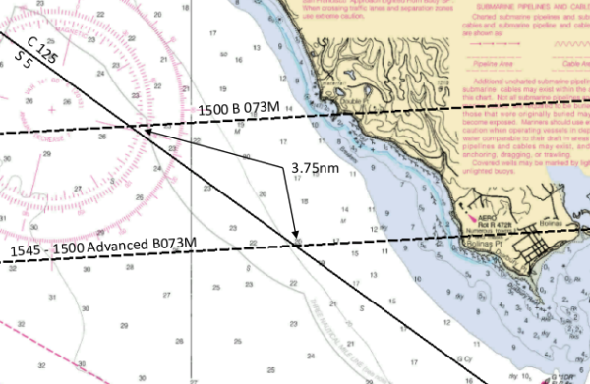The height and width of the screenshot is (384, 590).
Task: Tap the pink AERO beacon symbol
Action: [x=474, y=217]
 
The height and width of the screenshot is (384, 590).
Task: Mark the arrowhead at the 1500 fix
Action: [x=146, y=129]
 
